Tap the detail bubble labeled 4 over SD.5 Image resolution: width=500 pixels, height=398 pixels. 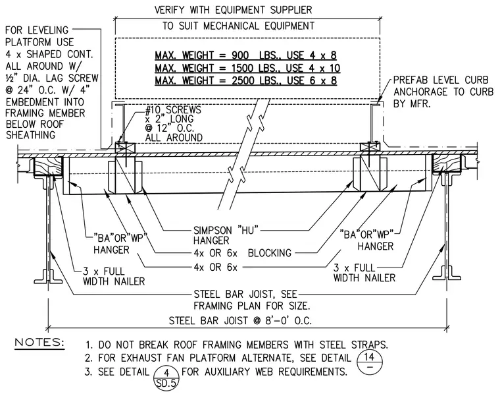click(x=166, y=377)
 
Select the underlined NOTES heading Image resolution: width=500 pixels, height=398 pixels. click(x=39, y=343)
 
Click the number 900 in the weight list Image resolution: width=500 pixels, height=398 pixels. click(x=239, y=55)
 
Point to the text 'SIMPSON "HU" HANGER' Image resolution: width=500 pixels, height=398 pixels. click(x=226, y=235)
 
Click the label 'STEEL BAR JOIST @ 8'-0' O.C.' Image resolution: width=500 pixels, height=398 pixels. click(x=240, y=320)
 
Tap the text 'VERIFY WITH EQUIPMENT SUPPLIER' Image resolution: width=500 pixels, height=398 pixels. click(x=233, y=10)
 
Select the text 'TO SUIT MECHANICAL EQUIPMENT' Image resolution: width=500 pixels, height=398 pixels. click(x=238, y=26)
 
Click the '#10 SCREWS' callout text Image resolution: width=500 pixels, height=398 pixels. click(x=173, y=110)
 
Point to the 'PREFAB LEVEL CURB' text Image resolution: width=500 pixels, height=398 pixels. click(x=441, y=80)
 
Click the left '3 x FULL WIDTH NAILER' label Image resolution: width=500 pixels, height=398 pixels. click(x=114, y=276)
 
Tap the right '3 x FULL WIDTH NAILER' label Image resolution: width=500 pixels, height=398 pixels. click(x=364, y=272)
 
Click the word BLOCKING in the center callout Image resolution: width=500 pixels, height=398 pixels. click(x=270, y=253)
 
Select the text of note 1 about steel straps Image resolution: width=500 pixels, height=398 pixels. click(x=237, y=345)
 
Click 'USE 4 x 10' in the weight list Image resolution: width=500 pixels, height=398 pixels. click(x=313, y=68)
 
